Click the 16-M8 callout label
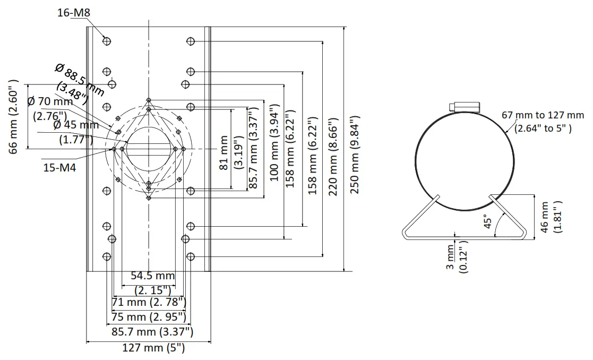pyautogui.click(x=73, y=12)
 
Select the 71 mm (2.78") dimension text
pyautogui.click(x=149, y=302)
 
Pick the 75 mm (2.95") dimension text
pyautogui.click(x=149, y=317)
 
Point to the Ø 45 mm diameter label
pyautogui.click(x=76, y=125)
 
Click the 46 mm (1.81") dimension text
pyautogui.click(x=551, y=216)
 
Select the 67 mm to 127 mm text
pyautogui.click(x=543, y=115)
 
